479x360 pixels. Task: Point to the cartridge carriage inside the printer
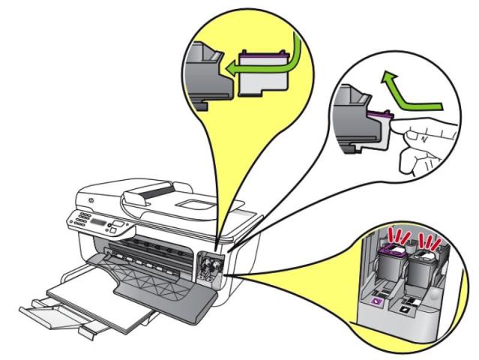point(206,266)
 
